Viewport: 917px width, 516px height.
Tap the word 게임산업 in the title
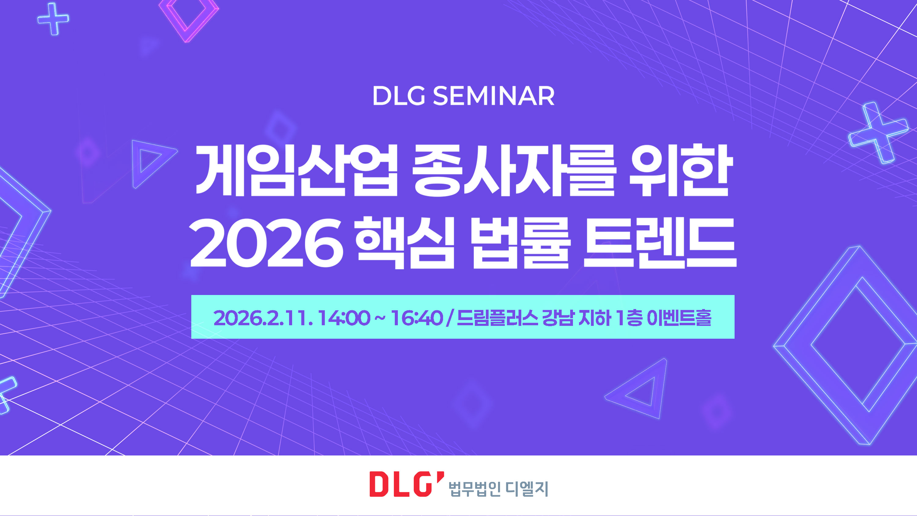coord(296,170)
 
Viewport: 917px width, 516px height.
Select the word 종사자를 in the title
coord(514,170)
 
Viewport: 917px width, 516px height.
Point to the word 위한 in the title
coord(680,170)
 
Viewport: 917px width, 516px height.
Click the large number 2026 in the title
coord(267,243)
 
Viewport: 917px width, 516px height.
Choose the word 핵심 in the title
coord(405,243)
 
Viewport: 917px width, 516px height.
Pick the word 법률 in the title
coord(520,243)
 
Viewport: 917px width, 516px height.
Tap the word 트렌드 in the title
coord(660,243)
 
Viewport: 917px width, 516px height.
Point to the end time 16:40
coord(417,318)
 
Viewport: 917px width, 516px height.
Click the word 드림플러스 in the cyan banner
coord(497,318)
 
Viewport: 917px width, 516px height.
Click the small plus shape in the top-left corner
coord(53,19)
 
